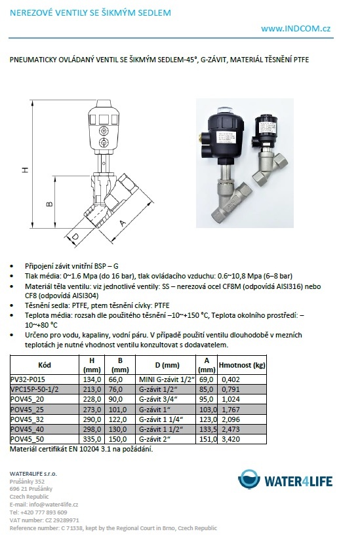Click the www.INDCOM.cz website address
(296, 29)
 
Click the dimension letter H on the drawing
(25, 170)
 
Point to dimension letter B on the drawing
(50, 204)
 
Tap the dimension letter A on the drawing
(123, 223)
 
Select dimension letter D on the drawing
(75, 237)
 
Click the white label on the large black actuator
(224, 136)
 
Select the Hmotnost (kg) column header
(242, 365)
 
